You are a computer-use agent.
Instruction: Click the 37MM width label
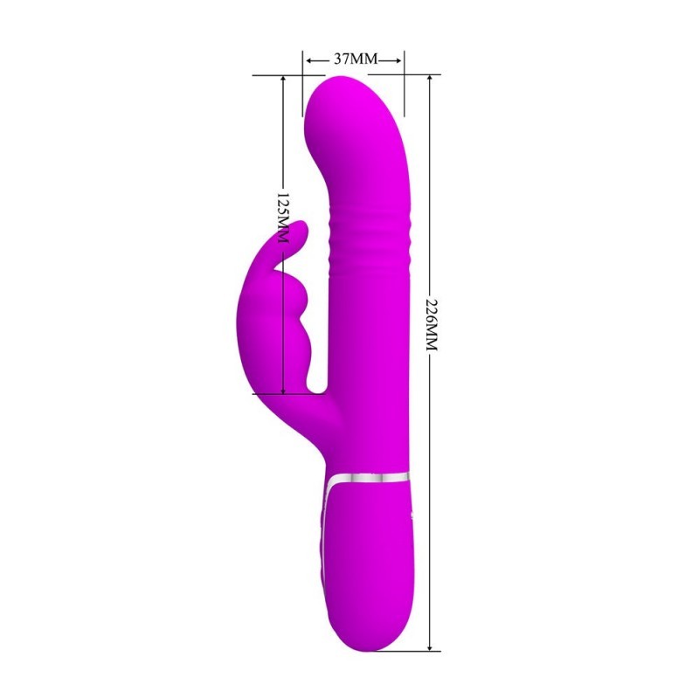356,59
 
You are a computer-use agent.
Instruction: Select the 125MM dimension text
283,218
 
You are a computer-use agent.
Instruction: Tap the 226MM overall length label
431,324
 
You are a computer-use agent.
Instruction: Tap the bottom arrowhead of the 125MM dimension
283,390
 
